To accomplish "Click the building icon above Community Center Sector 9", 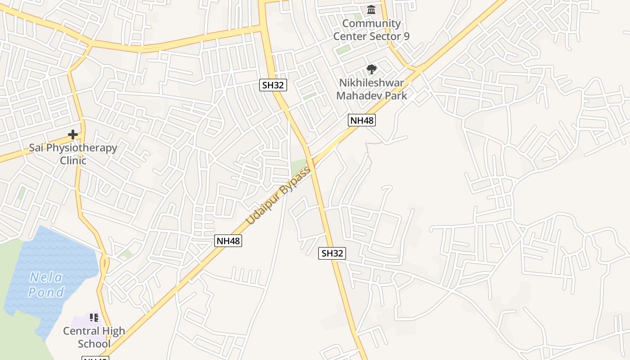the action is (371, 9).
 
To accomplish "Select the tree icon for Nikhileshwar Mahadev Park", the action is (371, 69).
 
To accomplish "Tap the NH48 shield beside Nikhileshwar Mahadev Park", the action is (362, 120).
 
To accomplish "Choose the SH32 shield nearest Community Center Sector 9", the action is (273, 85).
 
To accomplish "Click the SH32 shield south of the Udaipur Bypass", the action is (332, 253).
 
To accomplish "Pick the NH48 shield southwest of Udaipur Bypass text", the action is (229, 241).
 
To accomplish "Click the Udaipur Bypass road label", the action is (279, 196).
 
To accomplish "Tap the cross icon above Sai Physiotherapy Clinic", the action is (73, 134).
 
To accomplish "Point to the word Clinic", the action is (73, 160).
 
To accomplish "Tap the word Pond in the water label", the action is (46, 292).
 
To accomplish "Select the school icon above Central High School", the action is (94, 318).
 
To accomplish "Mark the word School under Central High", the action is (94, 344).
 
